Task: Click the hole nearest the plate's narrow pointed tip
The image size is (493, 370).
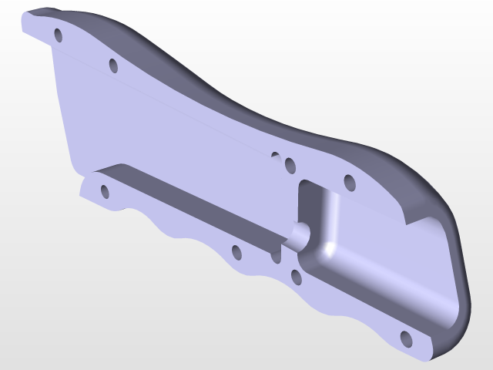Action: [58, 35]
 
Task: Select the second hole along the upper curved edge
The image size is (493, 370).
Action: [112, 65]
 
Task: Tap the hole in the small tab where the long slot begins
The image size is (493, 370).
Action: [104, 190]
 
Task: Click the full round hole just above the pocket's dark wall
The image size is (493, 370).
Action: [290, 165]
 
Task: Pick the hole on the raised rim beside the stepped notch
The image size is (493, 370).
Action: [348, 183]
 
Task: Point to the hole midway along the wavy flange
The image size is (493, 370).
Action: [236, 252]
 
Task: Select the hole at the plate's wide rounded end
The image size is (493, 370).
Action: [406, 338]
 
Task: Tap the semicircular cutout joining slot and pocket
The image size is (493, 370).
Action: [297, 234]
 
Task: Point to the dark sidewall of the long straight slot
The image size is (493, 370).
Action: [193, 200]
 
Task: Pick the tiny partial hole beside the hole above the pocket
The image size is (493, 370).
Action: [275, 156]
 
